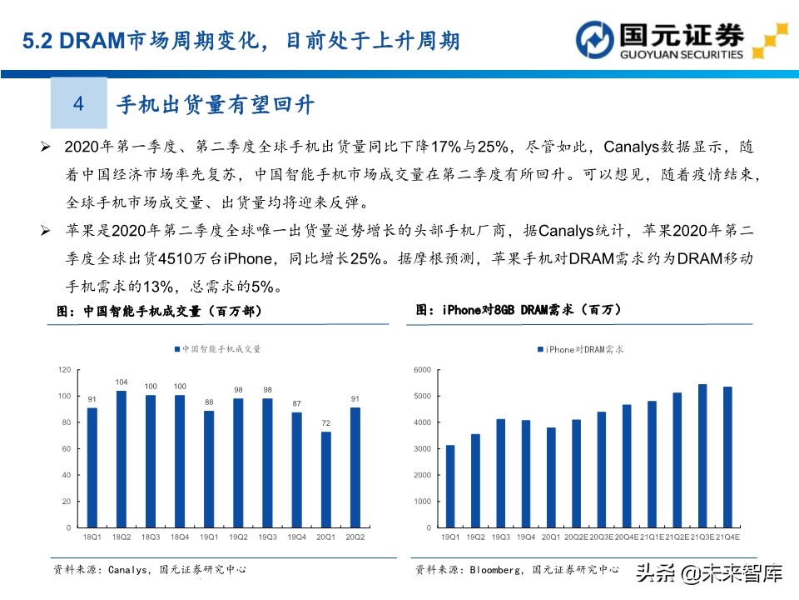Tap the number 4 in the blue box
pyautogui.click(x=79, y=103)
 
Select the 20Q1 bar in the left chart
pyautogui.click(x=325, y=479)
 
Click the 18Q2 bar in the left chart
pyautogui.click(x=121, y=458)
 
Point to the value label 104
pyautogui.click(x=122, y=382)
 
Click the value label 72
pyautogui.click(x=326, y=424)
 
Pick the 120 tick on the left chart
pyautogui.click(x=64, y=369)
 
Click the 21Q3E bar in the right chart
pyautogui.click(x=702, y=455)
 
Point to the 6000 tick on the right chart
pyautogui.click(x=422, y=369)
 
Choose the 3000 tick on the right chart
pyautogui.click(x=422, y=448)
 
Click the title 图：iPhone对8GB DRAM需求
pyautogui.click(x=519, y=309)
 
